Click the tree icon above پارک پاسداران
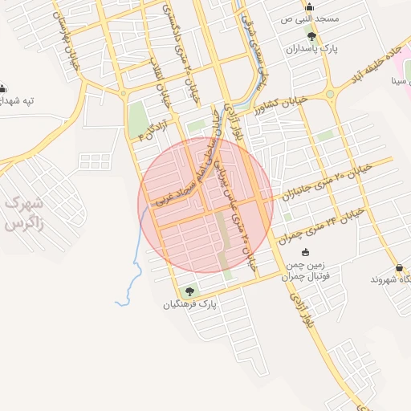pyautogui.click(x=311, y=36)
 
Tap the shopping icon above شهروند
pyautogui.click(x=399, y=267)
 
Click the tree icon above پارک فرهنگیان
pyautogui.click(x=189, y=291)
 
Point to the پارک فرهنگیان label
pyautogui.click(x=190, y=305)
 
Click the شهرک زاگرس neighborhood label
pyautogui.click(x=22, y=214)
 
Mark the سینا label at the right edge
pyautogui.click(x=399, y=82)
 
